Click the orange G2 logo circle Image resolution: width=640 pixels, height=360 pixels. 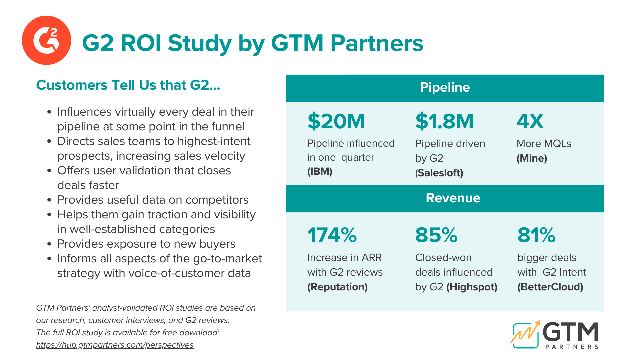[x=46, y=40]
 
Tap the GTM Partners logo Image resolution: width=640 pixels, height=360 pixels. [x=555, y=335]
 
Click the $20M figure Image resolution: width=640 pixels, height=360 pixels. [x=336, y=121]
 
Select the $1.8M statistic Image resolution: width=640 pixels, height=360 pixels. [x=444, y=121]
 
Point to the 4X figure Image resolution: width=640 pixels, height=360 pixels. [x=530, y=121]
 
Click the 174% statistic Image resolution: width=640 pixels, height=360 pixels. [x=332, y=235]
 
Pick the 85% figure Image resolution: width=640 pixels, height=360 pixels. [x=436, y=235]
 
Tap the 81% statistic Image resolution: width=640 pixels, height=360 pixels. [x=536, y=235]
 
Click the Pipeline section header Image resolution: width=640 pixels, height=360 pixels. [x=445, y=88]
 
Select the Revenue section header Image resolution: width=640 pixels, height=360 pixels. [x=453, y=198]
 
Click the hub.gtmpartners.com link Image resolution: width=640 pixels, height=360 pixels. [x=115, y=345]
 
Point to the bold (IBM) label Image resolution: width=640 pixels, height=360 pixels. [x=320, y=172]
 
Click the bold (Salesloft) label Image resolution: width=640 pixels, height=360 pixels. [x=439, y=173]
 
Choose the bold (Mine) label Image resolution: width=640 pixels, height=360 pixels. [x=532, y=158]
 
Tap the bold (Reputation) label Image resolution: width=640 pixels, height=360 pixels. [x=337, y=287]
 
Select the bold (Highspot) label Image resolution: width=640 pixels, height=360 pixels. [x=472, y=287]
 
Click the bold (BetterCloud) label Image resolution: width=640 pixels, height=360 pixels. [x=550, y=287]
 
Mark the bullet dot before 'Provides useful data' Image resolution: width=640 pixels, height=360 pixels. [x=49, y=200]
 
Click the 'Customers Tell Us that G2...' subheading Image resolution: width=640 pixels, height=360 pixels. [x=128, y=85]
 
